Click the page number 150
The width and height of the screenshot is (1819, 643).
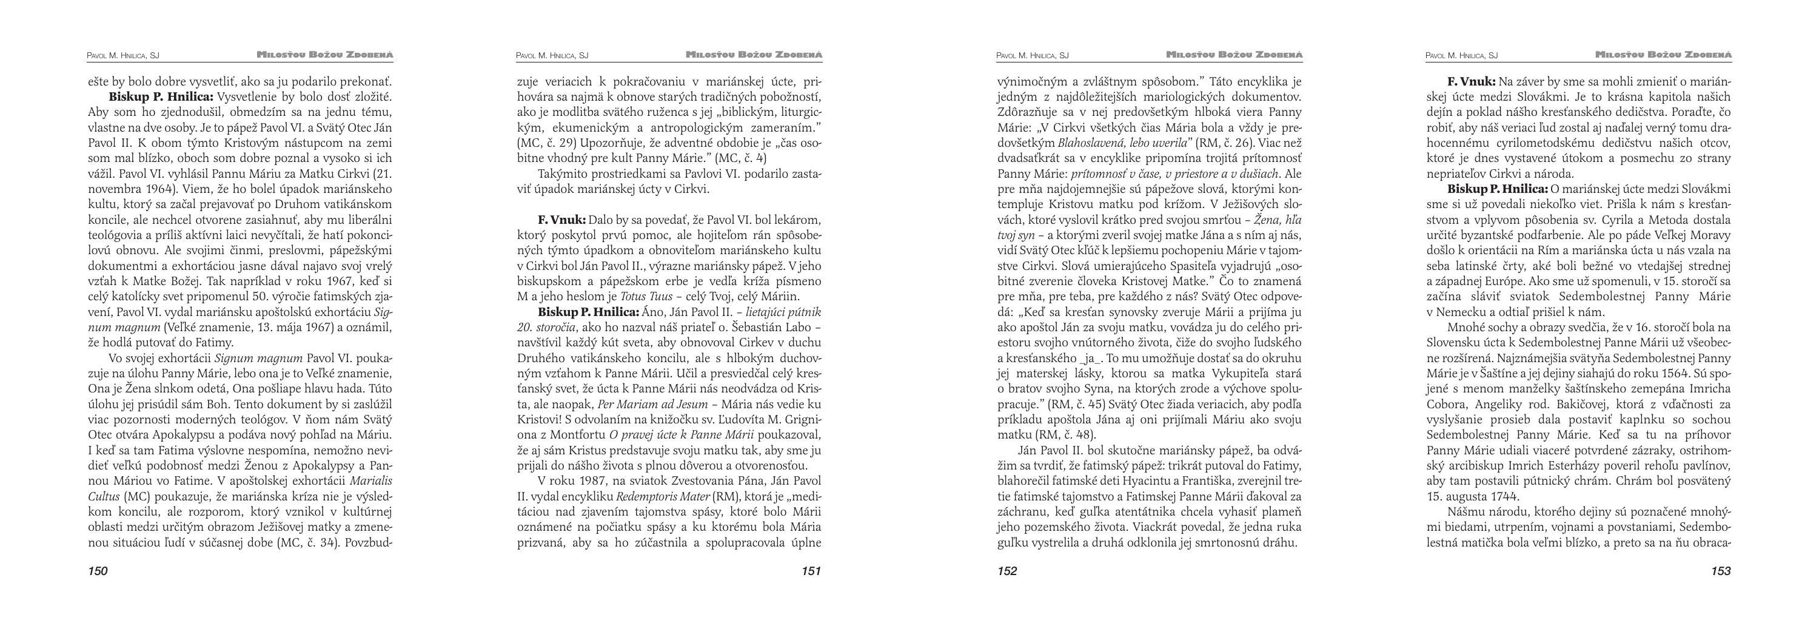[98, 571]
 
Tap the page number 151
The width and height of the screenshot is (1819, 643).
[811, 571]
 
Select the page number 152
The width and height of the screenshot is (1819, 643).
[1007, 571]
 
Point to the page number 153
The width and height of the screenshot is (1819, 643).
[1721, 571]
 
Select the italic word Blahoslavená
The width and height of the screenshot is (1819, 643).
[1096, 143]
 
